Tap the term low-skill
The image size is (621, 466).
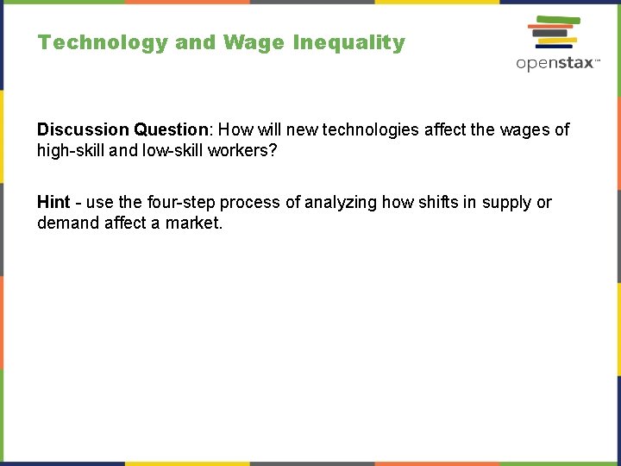point(172,151)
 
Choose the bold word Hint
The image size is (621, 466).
point(53,202)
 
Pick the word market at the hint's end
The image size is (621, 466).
point(194,224)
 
